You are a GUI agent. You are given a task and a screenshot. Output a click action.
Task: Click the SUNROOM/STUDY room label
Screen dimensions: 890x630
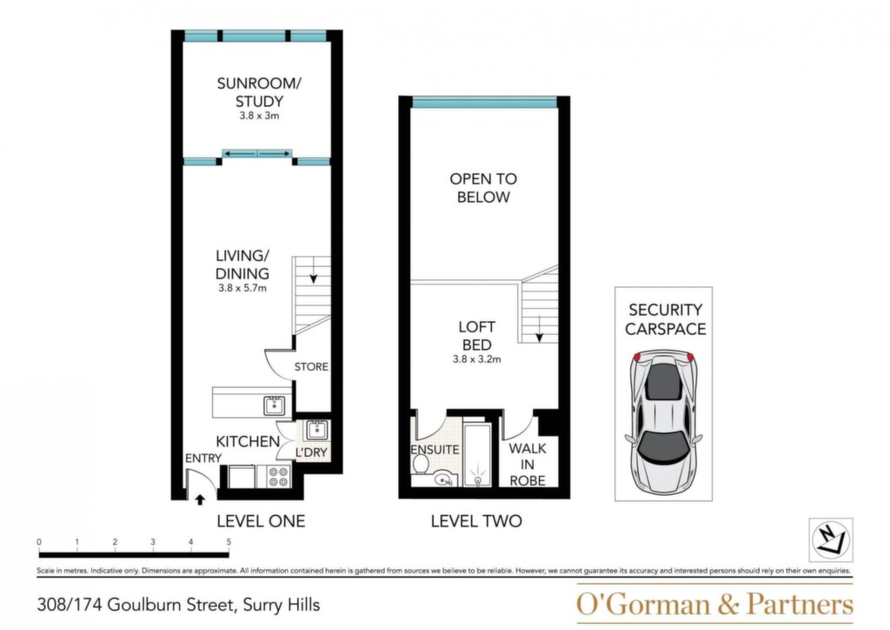[x=259, y=92]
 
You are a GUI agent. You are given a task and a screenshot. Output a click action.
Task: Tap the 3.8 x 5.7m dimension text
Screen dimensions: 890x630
[x=242, y=288]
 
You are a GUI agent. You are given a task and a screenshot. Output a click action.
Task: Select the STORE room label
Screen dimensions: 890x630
[x=311, y=367]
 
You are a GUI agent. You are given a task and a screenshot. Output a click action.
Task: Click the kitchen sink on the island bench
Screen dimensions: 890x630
[x=274, y=405]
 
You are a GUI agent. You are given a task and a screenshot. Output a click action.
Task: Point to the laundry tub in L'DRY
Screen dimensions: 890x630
[x=315, y=430]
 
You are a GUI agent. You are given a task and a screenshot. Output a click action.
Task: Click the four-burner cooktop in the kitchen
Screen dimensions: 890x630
[x=279, y=477]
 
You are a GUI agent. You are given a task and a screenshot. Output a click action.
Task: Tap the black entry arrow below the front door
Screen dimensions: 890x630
[x=200, y=499]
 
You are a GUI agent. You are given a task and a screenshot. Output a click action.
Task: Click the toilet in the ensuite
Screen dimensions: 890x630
[x=421, y=464]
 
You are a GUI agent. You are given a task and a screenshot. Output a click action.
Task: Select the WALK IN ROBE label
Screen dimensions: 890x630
[x=528, y=464]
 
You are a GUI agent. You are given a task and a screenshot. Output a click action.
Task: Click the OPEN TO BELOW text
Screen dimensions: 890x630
[x=483, y=188]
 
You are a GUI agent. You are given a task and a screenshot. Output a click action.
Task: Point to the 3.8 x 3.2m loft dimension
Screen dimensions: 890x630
[x=477, y=359]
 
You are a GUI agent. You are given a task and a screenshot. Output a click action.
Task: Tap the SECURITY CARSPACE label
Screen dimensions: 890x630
[x=665, y=319]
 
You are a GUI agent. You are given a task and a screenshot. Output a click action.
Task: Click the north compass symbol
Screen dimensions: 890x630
[x=830, y=540]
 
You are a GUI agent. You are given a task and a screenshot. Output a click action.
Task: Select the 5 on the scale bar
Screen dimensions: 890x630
[x=229, y=542]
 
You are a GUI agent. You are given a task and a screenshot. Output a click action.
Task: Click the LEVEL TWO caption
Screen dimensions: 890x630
[x=476, y=521]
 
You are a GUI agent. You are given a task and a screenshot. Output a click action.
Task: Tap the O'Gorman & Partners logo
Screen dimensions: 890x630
[x=714, y=604]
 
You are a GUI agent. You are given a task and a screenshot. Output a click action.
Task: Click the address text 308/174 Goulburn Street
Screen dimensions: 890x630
[x=136, y=605]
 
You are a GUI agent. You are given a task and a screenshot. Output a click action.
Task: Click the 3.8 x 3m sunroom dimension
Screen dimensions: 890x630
[x=259, y=116]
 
